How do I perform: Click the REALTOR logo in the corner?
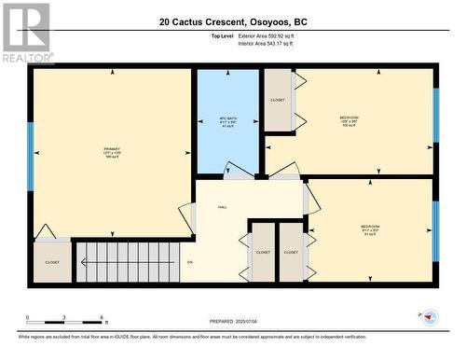click(25, 32)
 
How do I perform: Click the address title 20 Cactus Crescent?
click(232, 21)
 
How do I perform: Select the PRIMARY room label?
click(113, 151)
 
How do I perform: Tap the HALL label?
click(223, 206)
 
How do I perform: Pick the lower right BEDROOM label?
click(370, 228)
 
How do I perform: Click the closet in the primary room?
click(52, 263)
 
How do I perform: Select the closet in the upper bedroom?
click(278, 100)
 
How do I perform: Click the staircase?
click(126, 262)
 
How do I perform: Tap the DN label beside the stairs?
click(190, 263)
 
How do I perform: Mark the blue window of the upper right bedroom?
click(435, 115)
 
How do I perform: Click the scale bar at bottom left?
click(62, 319)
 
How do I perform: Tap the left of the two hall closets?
click(263, 252)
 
